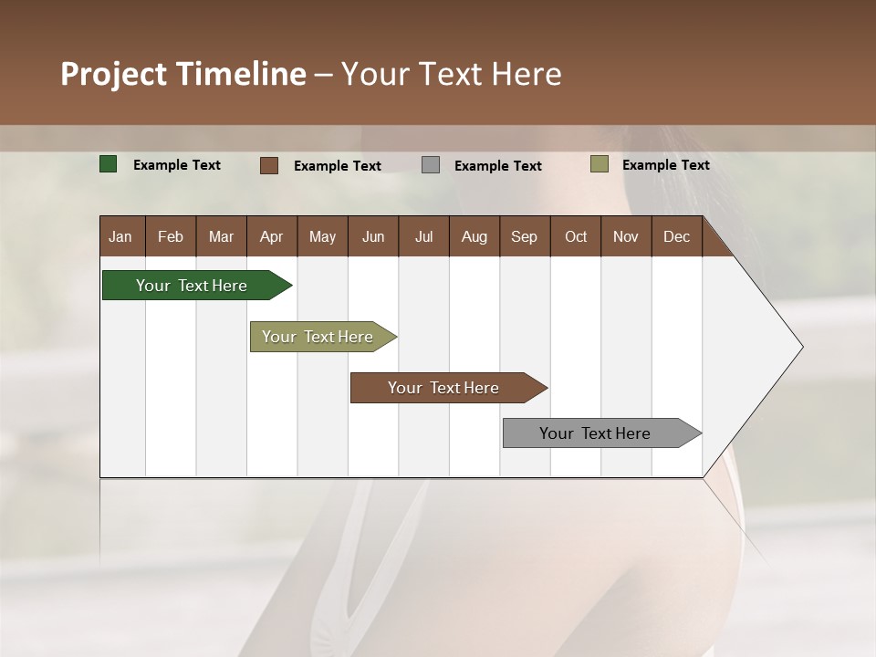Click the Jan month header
pyautogui.click(x=121, y=236)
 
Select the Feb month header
pyautogui.click(x=171, y=236)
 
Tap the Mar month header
pyautogui.click(x=221, y=236)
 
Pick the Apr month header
pyautogui.click(x=272, y=236)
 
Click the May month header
pyautogui.click(x=322, y=236)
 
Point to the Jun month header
pyautogui.click(x=373, y=236)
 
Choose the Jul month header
pyautogui.click(x=423, y=236)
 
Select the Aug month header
pyautogui.click(x=474, y=236)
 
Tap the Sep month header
pyautogui.click(x=525, y=236)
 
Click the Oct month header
pyautogui.click(x=576, y=236)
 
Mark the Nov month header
pyautogui.click(x=626, y=236)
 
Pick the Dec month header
pyautogui.click(x=677, y=236)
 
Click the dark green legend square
pyautogui.click(x=109, y=164)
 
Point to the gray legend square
pyautogui.click(x=431, y=165)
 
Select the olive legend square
pyautogui.click(x=600, y=164)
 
